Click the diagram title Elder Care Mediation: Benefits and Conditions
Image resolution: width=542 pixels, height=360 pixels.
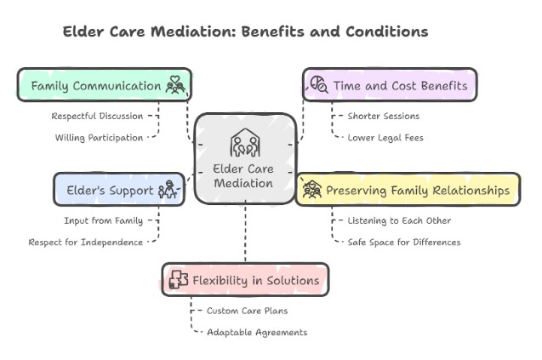pyautogui.click(x=245, y=31)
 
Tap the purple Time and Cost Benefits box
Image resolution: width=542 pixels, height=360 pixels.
pyautogui.click(x=390, y=85)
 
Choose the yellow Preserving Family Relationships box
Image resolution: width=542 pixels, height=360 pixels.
pyautogui.click(x=408, y=189)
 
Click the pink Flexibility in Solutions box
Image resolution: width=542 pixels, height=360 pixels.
pyautogui.click(x=245, y=279)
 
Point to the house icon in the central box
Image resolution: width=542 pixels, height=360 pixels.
pyautogui.click(x=244, y=142)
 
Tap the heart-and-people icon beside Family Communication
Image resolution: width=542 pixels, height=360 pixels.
pyautogui.click(x=175, y=85)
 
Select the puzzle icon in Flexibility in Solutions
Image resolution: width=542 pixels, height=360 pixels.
pyautogui.click(x=179, y=280)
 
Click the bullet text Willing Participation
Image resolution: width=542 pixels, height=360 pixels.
pyautogui.click(x=100, y=137)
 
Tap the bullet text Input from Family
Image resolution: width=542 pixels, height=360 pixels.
pyautogui.click(x=103, y=220)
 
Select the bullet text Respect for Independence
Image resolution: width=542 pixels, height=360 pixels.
pyautogui.click(x=86, y=242)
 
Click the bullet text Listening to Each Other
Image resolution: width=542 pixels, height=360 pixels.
pyautogui.click(x=398, y=220)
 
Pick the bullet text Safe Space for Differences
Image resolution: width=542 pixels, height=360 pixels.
pyautogui.click(x=403, y=242)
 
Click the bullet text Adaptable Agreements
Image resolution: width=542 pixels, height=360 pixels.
pyautogui.click(x=256, y=331)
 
